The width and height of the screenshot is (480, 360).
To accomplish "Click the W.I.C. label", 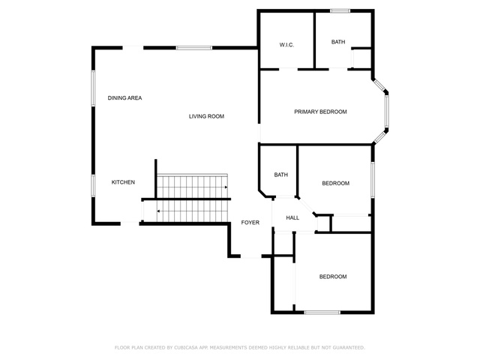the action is pyautogui.click(x=286, y=45).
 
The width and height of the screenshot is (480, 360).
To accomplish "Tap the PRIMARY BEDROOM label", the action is pyautogui.click(x=320, y=112).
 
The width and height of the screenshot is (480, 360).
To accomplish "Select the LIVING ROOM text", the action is pyautogui.click(x=206, y=116).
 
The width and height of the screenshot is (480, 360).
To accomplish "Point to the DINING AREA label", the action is pyautogui.click(x=124, y=98).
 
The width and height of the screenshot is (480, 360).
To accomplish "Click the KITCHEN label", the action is pyautogui.click(x=123, y=182).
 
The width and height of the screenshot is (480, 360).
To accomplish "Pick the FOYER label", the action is pyautogui.click(x=250, y=223).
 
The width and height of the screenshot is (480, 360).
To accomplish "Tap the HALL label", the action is pyautogui.click(x=292, y=218).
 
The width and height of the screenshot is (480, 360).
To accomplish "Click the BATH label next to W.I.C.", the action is pyautogui.click(x=338, y=42).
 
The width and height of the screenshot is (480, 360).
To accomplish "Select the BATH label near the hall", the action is pyautogui.click(x=281, y=175).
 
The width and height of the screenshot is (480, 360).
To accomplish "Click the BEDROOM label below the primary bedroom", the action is pyautogui.click(x=336, y=183).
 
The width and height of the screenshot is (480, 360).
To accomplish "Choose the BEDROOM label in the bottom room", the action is pyautogui.click(x=333, y=277).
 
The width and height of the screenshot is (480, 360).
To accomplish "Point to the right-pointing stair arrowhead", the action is pyautogui.click(x=226, y=187).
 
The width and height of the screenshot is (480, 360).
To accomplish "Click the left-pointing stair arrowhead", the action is pyautogui.click(x=158, y=211).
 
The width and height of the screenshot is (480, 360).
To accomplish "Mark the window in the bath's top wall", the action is pyautogui.click(x=340, y=11).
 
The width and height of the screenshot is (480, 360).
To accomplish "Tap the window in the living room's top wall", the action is pyautogui.click(x=194, y=48).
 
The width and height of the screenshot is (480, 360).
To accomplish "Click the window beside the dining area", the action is pyautogui.click(x=93, y=88).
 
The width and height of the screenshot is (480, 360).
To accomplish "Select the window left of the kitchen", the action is pyautogui.click(x=93, y=186).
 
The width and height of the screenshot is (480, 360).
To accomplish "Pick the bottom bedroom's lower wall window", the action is pyautogui.click(x=322, y=313).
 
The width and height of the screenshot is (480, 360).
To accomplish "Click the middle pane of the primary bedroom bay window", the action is pyautogui.click(x=387, y=111).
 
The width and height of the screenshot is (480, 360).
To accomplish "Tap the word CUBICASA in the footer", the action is pyautogui.click(x=186, y=348).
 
